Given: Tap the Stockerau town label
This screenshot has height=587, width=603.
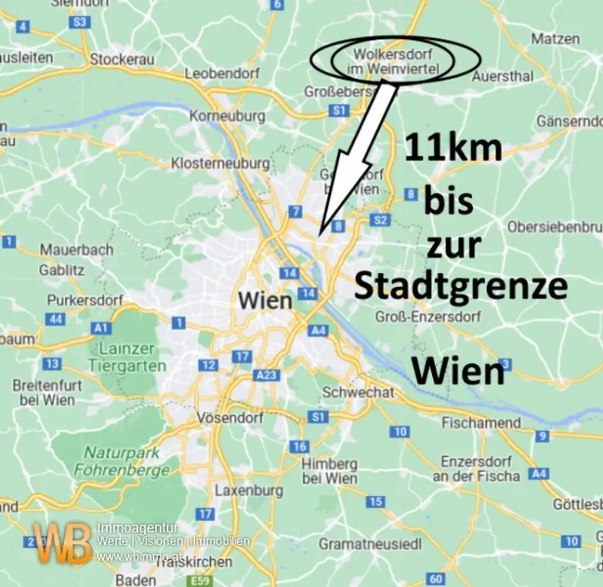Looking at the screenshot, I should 122,59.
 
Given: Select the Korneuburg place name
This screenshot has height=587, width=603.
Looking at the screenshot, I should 227,116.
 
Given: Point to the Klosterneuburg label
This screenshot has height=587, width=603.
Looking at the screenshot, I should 220,163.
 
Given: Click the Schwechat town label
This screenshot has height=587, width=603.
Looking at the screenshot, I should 358,393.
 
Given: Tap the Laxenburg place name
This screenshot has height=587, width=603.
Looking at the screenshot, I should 249,490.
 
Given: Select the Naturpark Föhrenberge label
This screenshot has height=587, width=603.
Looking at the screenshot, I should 122,462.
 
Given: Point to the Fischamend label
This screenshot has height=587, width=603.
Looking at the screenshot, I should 481,423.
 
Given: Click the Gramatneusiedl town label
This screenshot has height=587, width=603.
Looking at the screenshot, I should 370,544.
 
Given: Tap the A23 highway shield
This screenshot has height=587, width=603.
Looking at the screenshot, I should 266,375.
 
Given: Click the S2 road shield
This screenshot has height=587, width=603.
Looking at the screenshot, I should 380,220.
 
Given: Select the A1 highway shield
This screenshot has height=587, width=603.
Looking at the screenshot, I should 101,328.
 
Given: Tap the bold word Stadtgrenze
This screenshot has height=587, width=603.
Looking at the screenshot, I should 460,286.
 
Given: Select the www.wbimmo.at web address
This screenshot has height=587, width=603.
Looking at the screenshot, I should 131,556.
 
